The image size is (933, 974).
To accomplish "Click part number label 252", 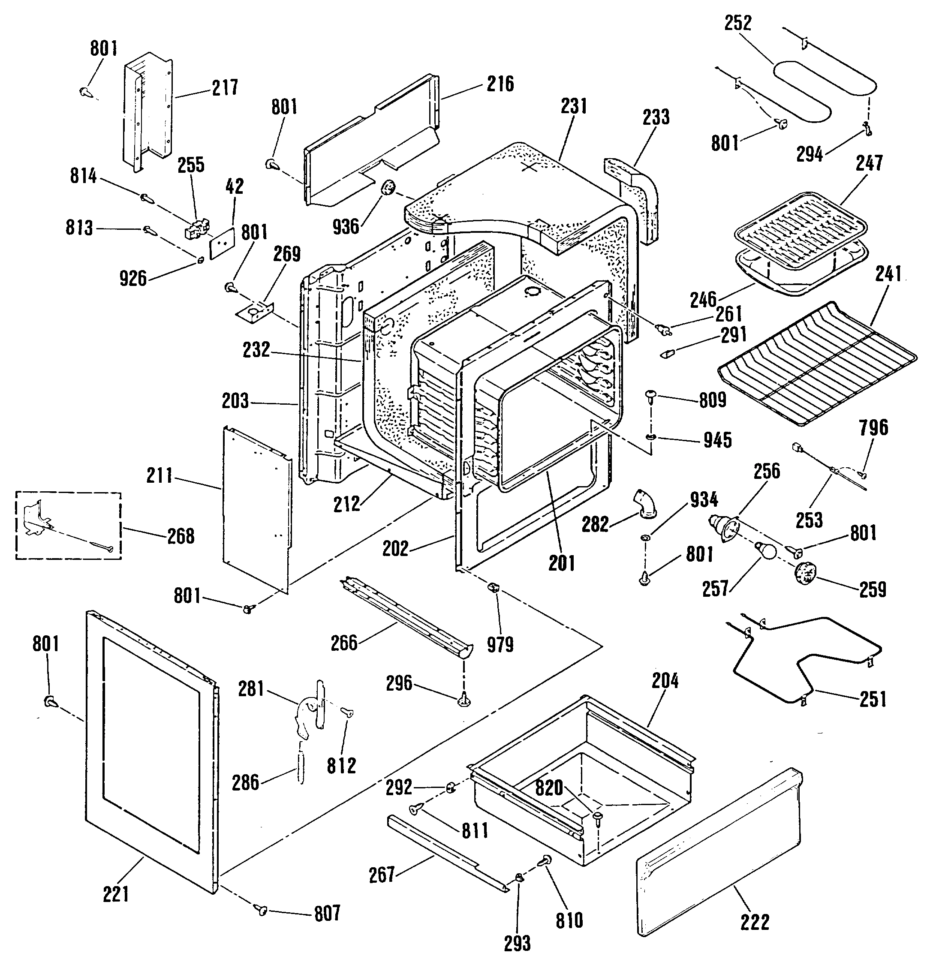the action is coord(737,23).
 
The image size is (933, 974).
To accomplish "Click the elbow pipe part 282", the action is coord(645,505).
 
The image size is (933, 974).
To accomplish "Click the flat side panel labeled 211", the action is coord(256,509).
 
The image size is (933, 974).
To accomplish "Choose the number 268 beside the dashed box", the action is coord(181,536).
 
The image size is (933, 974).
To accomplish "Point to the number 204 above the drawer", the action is coord(665,680).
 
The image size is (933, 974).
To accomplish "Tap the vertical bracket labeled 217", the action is coord(147,111).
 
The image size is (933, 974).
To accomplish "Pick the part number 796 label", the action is coord(873,427).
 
